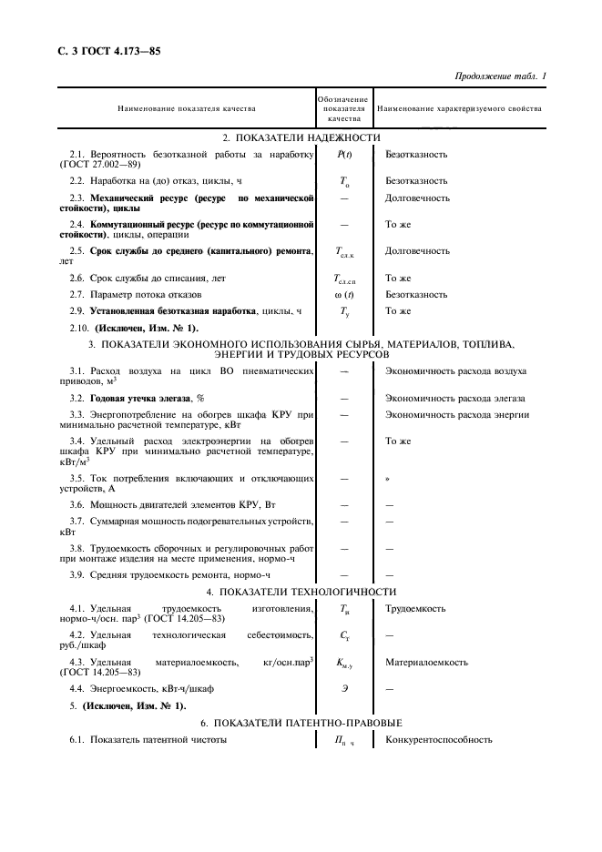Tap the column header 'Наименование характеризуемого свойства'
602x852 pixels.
pyautogui.click(x=459, y=109)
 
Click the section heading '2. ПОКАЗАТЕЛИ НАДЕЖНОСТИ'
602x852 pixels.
pyautogui.click(x=301, y=137)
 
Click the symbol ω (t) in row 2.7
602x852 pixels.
pyautogui.click(x=344, y=295)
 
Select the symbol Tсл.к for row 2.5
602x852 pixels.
pyautogui.click(x=344, y=251)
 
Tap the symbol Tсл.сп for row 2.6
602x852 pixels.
pyautogui.click(x=344, y=279)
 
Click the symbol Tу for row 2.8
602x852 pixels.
pyautogui.click(x=344, y=311)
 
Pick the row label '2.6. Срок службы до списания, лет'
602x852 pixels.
pyautogui.click(x=147, y=278)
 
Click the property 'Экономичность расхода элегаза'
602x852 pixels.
pyautogui.click(x=455, y=399)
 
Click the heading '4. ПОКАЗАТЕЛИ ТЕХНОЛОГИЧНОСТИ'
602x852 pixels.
pyautogui.click(x=301, y=593)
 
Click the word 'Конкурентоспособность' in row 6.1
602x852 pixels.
pyautogui.click(x=439, y=739)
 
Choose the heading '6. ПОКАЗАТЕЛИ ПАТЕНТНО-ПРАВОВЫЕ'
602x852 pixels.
pyautogui.click(x=301, y=723)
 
